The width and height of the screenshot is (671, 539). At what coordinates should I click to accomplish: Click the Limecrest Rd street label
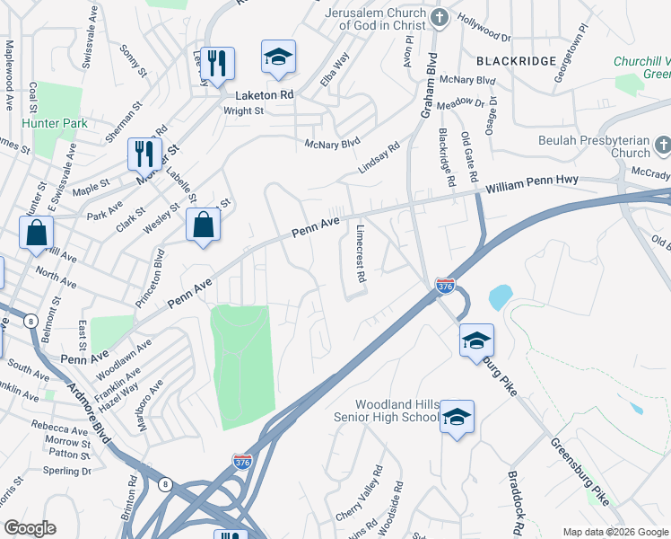pos(360,254)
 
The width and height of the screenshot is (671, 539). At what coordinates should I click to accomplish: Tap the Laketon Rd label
pos(265,93)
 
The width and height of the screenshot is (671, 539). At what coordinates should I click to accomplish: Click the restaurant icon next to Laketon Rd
pos(217,63)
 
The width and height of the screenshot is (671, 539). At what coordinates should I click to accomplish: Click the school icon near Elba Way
pos(278,57)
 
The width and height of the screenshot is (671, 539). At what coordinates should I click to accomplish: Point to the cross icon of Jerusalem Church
pos(439,17)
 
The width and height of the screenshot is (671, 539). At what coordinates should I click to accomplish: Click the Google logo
pos(30,527)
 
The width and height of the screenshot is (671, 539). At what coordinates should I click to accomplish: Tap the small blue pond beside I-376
pos(500,296)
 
